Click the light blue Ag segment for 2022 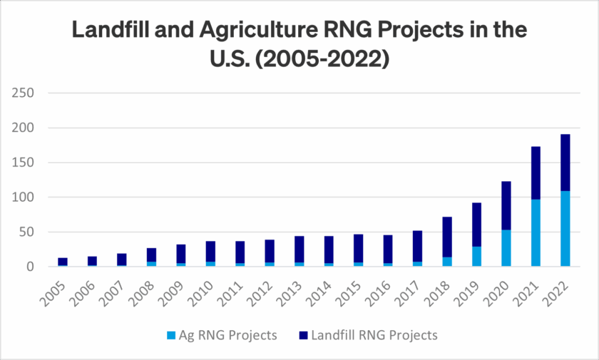pos(564,229)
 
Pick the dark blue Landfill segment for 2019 pos(476,225)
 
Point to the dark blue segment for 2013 pos(299,249)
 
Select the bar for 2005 pos(63,262)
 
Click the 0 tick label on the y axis pos(30,267)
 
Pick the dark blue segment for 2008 pos(151,254)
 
